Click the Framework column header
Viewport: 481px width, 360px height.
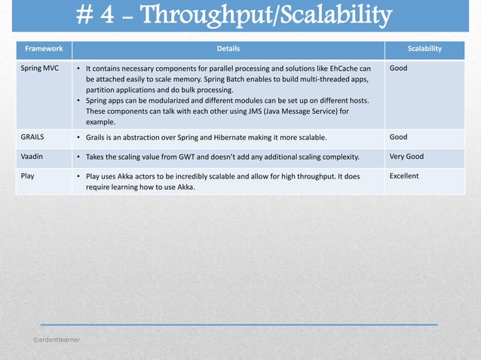coord(43,49)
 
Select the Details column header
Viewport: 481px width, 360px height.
coord(228,49)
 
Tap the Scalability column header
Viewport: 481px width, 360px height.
coord(424,49)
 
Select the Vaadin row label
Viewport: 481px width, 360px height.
coord(32,157)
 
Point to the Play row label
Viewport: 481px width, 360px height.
coord(28,176)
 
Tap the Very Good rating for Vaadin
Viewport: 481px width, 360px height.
coord(406,157)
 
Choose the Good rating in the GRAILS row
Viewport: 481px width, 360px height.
coord(398,138)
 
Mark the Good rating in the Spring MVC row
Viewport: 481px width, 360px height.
coord(398,68)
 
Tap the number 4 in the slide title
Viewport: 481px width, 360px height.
coord(110,16)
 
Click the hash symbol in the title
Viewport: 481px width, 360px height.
coord(87,16)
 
